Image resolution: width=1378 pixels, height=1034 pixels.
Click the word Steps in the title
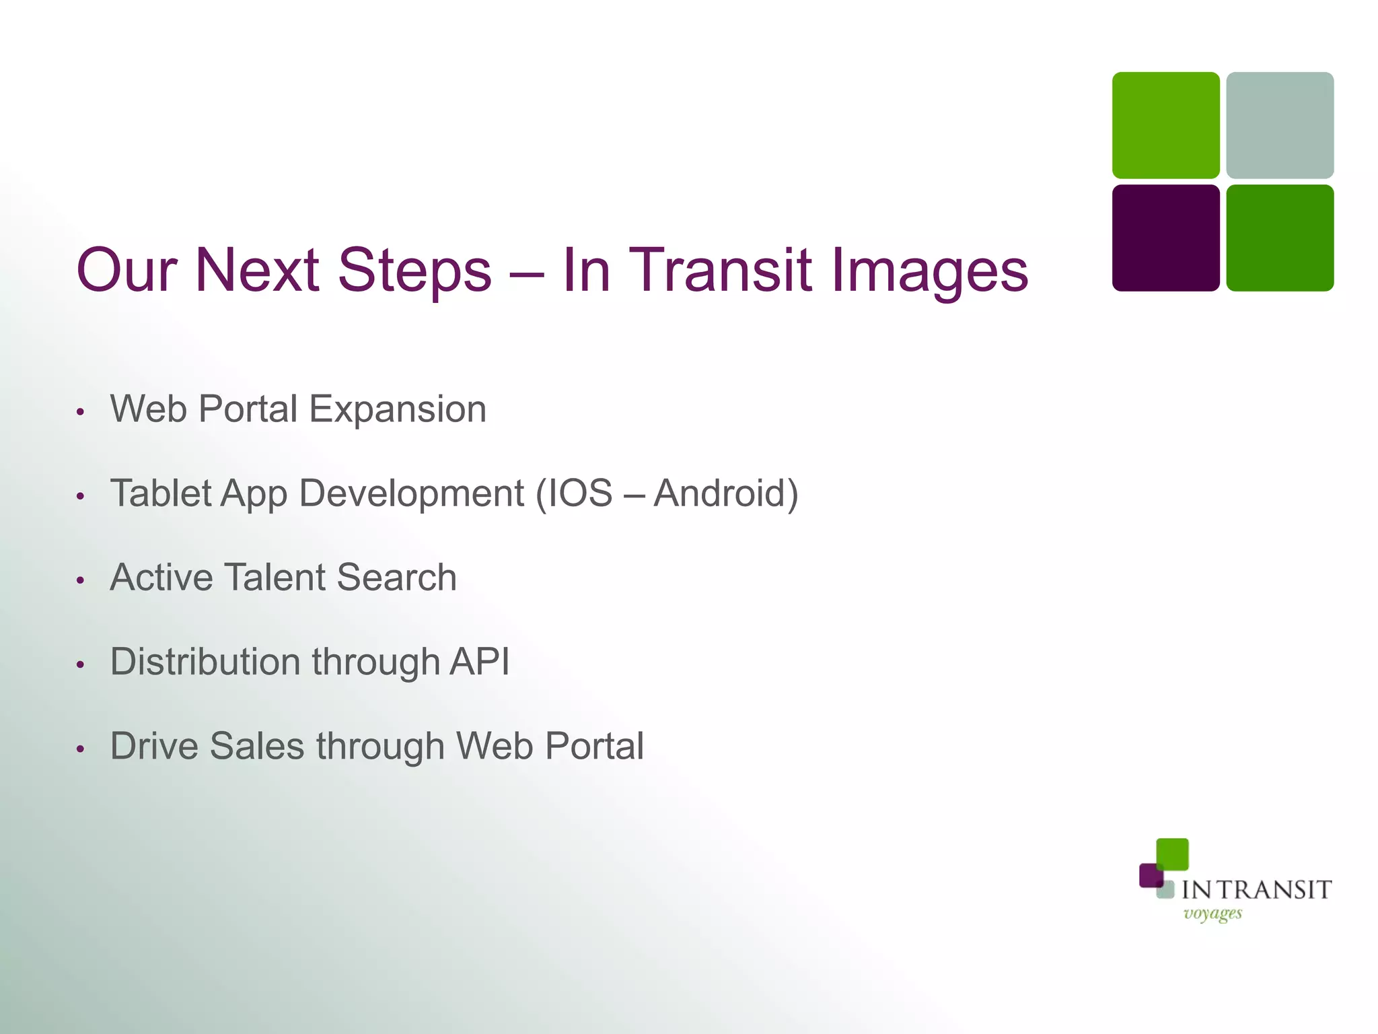tap(414, 271)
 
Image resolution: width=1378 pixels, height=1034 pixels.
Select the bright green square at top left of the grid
tap(1165, 125)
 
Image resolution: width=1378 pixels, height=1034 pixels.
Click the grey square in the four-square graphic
tap(1280, 125)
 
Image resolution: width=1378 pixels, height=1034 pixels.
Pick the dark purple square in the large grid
tap(1165, 238)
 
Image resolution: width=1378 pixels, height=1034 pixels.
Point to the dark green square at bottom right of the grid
tap(1280, 238)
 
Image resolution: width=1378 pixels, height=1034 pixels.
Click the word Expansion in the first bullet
tap(398, 409)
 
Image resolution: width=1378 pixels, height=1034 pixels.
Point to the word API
tap(479, 662)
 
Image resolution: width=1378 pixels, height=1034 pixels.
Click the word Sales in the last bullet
tap(257, 746)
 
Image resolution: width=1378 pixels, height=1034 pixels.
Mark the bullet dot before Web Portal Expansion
tap(80, 411)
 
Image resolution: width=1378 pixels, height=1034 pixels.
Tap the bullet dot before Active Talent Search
tap(80, 580)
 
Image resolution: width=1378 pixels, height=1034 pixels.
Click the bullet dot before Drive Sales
tap(80, 748)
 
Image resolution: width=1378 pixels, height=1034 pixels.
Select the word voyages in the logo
tap(1212, 914)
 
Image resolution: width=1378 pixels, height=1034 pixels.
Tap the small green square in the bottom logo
tap(1172, 854)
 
